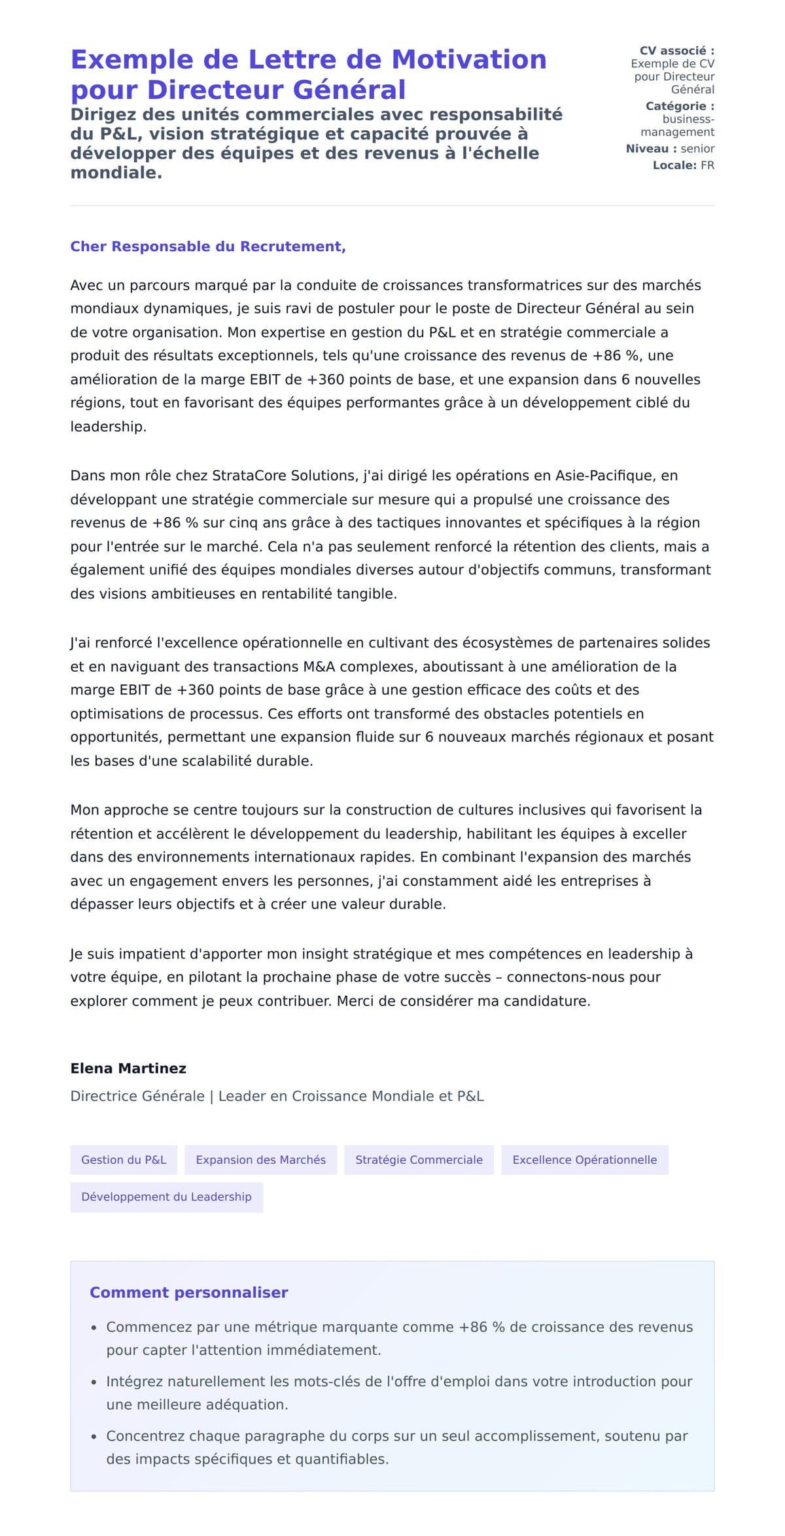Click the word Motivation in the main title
468,60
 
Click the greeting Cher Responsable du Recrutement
208,247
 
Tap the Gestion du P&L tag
124,1160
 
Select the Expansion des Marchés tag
260,1160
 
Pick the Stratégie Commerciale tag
419,1160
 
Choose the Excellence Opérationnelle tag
584,1160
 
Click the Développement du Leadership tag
166,1196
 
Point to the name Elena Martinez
128,1068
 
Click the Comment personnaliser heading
188,1293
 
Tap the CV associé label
676,51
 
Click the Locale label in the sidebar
674,166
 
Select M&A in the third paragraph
319,667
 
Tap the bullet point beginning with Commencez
399,1338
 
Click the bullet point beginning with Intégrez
399,1393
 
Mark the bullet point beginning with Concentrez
396,1448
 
